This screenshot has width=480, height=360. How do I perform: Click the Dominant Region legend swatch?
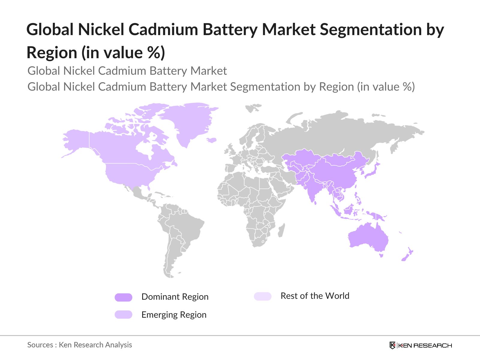tap(123, 297)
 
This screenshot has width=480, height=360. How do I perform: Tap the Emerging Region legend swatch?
tap(123, 315)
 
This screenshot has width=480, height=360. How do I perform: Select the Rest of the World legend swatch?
tap(262, 296)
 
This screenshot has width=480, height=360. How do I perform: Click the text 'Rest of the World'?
tap(315, 296)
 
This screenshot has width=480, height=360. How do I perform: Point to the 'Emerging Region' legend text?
tap(174, 315)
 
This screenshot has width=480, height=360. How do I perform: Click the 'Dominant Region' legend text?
tap(175, 297)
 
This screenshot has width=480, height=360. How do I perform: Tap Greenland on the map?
tap(192, 120)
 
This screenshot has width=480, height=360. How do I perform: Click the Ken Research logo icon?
tap(392, 345)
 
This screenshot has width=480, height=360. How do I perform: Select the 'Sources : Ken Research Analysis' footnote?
tap(79, 345)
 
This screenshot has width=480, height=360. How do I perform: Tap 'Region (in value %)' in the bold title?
tap(96, 52)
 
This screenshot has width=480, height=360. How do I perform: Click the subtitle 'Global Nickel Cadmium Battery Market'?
tap(127, 71)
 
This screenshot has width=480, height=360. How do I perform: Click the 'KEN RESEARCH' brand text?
tap(425, 346)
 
